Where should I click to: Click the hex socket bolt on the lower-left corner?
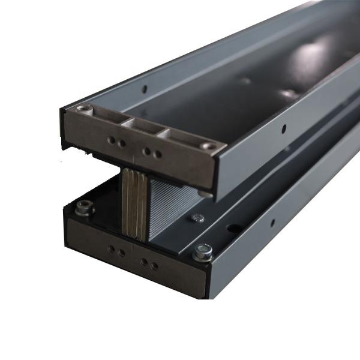click(x=84, y=209)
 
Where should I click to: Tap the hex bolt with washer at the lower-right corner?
click(x=203, y=253)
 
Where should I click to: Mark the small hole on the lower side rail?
click(x=273, y=223)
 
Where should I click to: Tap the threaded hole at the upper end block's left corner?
click(x=83, y=109)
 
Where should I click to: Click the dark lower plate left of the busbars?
click(x=105, y=198)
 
